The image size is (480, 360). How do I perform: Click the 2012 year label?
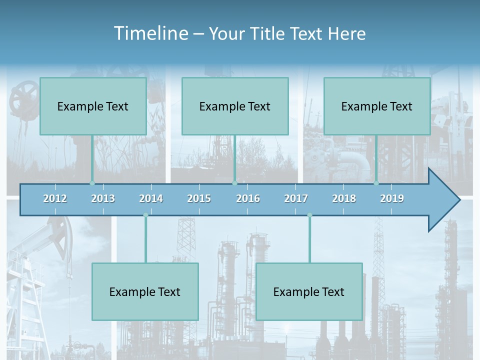(55, 198)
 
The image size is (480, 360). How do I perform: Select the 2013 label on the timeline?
(103, 198)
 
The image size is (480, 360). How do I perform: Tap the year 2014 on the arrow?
(151, 198)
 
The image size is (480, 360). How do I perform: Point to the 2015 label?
(199, 198)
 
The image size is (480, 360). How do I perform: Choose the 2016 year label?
(248, 198)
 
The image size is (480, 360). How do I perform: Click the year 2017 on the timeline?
(296, 198)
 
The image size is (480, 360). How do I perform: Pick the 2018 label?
(344, 198)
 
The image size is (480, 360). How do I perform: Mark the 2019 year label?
(392, 198)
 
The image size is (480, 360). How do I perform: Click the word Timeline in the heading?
(150, 33)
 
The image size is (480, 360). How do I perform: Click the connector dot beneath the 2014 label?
(145, 215)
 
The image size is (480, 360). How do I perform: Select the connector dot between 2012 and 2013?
(92, 183)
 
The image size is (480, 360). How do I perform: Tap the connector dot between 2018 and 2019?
(376, 183)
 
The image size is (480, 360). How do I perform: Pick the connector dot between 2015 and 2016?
(234, 183)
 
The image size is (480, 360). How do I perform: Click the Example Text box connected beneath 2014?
(145, 291)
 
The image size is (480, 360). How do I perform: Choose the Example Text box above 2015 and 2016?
(235, 106)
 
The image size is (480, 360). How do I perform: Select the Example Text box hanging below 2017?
(309, 291)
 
